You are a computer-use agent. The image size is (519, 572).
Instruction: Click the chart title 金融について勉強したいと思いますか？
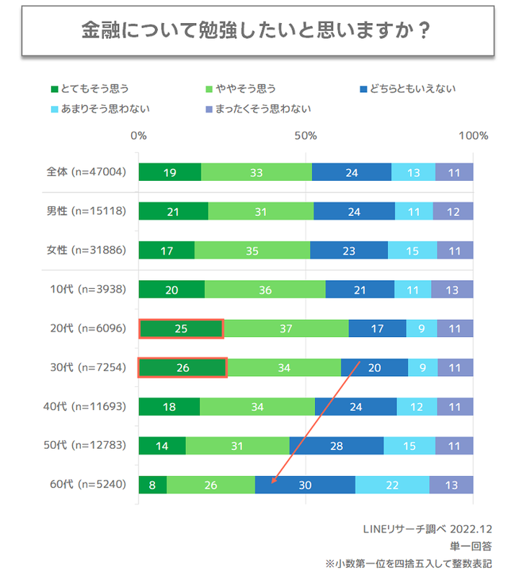257,31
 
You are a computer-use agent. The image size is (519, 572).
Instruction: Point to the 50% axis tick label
306,135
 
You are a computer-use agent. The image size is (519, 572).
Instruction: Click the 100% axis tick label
473,135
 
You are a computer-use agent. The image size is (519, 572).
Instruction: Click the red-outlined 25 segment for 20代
181,329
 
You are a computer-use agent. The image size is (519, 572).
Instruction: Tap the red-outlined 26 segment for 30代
182,367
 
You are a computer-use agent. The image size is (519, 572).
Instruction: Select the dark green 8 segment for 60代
152,485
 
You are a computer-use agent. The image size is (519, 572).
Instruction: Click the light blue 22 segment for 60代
392,485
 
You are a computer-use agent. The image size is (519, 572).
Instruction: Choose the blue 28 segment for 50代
336,446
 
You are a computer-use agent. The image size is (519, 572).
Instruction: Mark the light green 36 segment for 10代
265,290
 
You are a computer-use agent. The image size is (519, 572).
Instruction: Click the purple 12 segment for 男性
453,211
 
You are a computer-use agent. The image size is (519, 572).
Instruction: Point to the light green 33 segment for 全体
256,172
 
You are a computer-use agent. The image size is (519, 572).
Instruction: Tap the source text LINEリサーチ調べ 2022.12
427,529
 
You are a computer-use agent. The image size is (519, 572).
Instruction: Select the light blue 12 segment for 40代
417,406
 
